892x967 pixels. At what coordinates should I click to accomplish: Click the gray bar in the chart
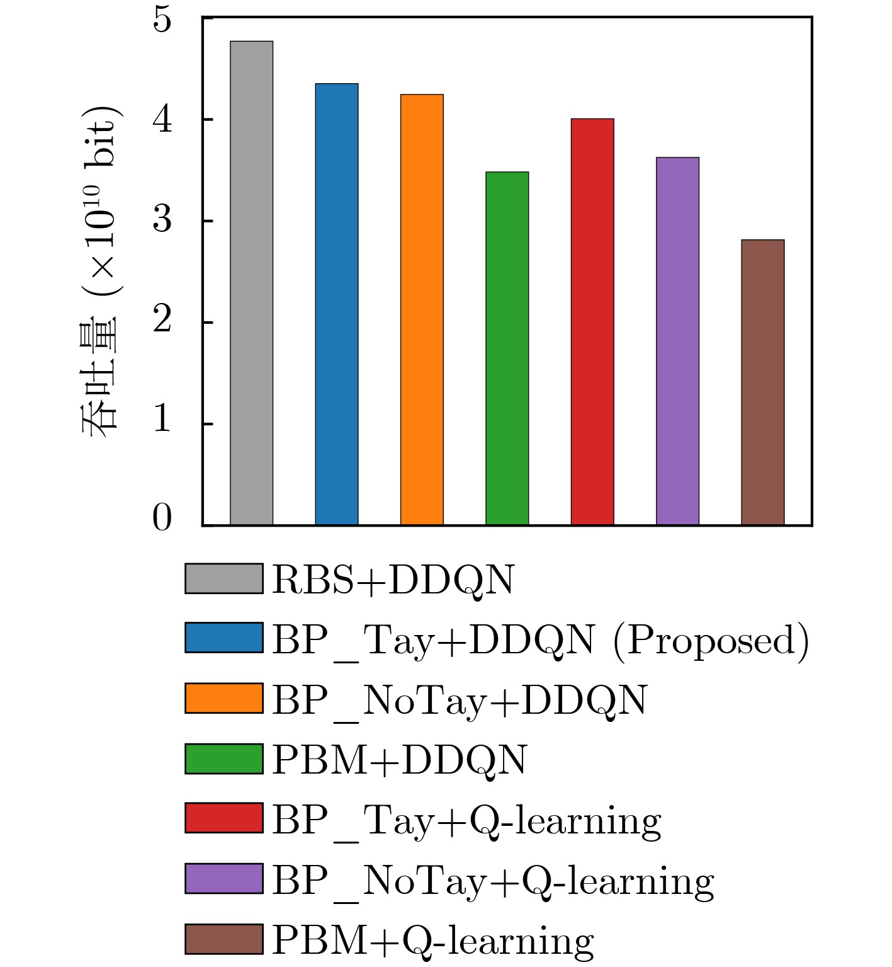tap(251, 283)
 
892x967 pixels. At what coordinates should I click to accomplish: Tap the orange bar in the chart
tap(422, 309)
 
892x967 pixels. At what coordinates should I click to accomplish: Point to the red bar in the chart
tap(592, 321)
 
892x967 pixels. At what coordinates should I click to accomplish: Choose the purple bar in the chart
tap(677, 341)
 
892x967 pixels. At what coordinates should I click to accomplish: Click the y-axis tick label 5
tap(162, 20)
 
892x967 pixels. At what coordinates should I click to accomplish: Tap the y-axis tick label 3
tap(162, 220)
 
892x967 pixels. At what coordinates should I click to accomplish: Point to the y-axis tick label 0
tap(162, 519)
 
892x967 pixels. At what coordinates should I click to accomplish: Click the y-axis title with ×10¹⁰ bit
tap(101, 271)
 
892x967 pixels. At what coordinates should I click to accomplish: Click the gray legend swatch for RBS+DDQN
tap(223, 579)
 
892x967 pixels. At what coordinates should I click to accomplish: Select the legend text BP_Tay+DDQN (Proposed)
tap(540, 640)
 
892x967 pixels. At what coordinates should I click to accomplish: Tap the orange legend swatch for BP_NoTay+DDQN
tap(223, 698)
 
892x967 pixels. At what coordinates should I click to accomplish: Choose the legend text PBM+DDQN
tap(399, 759)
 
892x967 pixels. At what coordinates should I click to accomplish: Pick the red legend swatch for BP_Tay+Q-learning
tap(223, 818)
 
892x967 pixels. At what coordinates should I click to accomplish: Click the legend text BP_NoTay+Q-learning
tap(493, 880)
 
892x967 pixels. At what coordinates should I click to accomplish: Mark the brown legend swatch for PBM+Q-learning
tap(223, 939)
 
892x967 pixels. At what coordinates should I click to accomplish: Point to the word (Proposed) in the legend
tap(711, 641)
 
